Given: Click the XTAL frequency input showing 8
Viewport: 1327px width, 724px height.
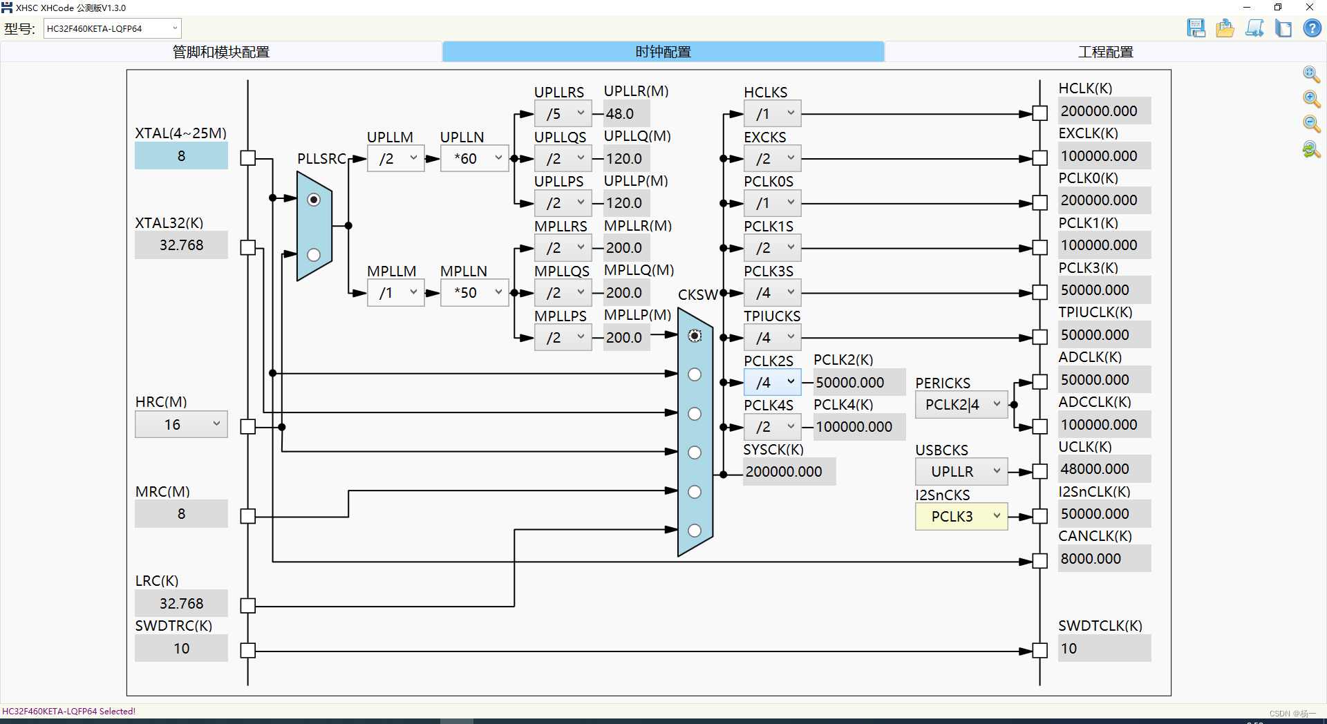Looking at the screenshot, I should point(181,156).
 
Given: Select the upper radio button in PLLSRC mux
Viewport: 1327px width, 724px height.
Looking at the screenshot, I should point(314,200).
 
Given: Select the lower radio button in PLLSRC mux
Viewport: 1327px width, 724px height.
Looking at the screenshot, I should point(314,255).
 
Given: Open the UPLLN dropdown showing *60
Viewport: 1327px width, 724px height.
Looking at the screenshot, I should point(475,159).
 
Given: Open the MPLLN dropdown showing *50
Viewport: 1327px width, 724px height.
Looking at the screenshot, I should point(475,293).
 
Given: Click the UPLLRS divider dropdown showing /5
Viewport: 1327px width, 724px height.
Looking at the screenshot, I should point(563,114).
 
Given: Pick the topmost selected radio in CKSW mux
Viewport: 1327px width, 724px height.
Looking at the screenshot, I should point(695,336).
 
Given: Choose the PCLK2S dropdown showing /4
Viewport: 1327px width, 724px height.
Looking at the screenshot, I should point(772,382).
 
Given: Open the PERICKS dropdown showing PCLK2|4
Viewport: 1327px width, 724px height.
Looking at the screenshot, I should point(961,405).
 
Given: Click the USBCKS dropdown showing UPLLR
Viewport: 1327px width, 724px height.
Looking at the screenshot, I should point(961,472).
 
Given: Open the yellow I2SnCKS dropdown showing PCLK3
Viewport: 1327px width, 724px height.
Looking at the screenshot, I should point(961,517).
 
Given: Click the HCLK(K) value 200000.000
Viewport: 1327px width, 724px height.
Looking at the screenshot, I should point(1104,111).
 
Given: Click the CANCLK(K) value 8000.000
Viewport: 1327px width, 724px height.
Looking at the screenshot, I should point(1104,559).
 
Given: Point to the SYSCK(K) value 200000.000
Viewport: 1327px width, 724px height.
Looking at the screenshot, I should point(789,472).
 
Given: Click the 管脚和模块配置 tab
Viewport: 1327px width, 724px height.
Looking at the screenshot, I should point(221,52).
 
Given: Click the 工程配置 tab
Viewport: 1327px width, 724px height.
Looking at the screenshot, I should point(1105,52).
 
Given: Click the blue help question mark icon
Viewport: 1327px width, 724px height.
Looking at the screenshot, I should point(1312,28).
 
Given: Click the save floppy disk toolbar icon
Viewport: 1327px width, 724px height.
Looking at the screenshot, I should point(1196,28).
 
